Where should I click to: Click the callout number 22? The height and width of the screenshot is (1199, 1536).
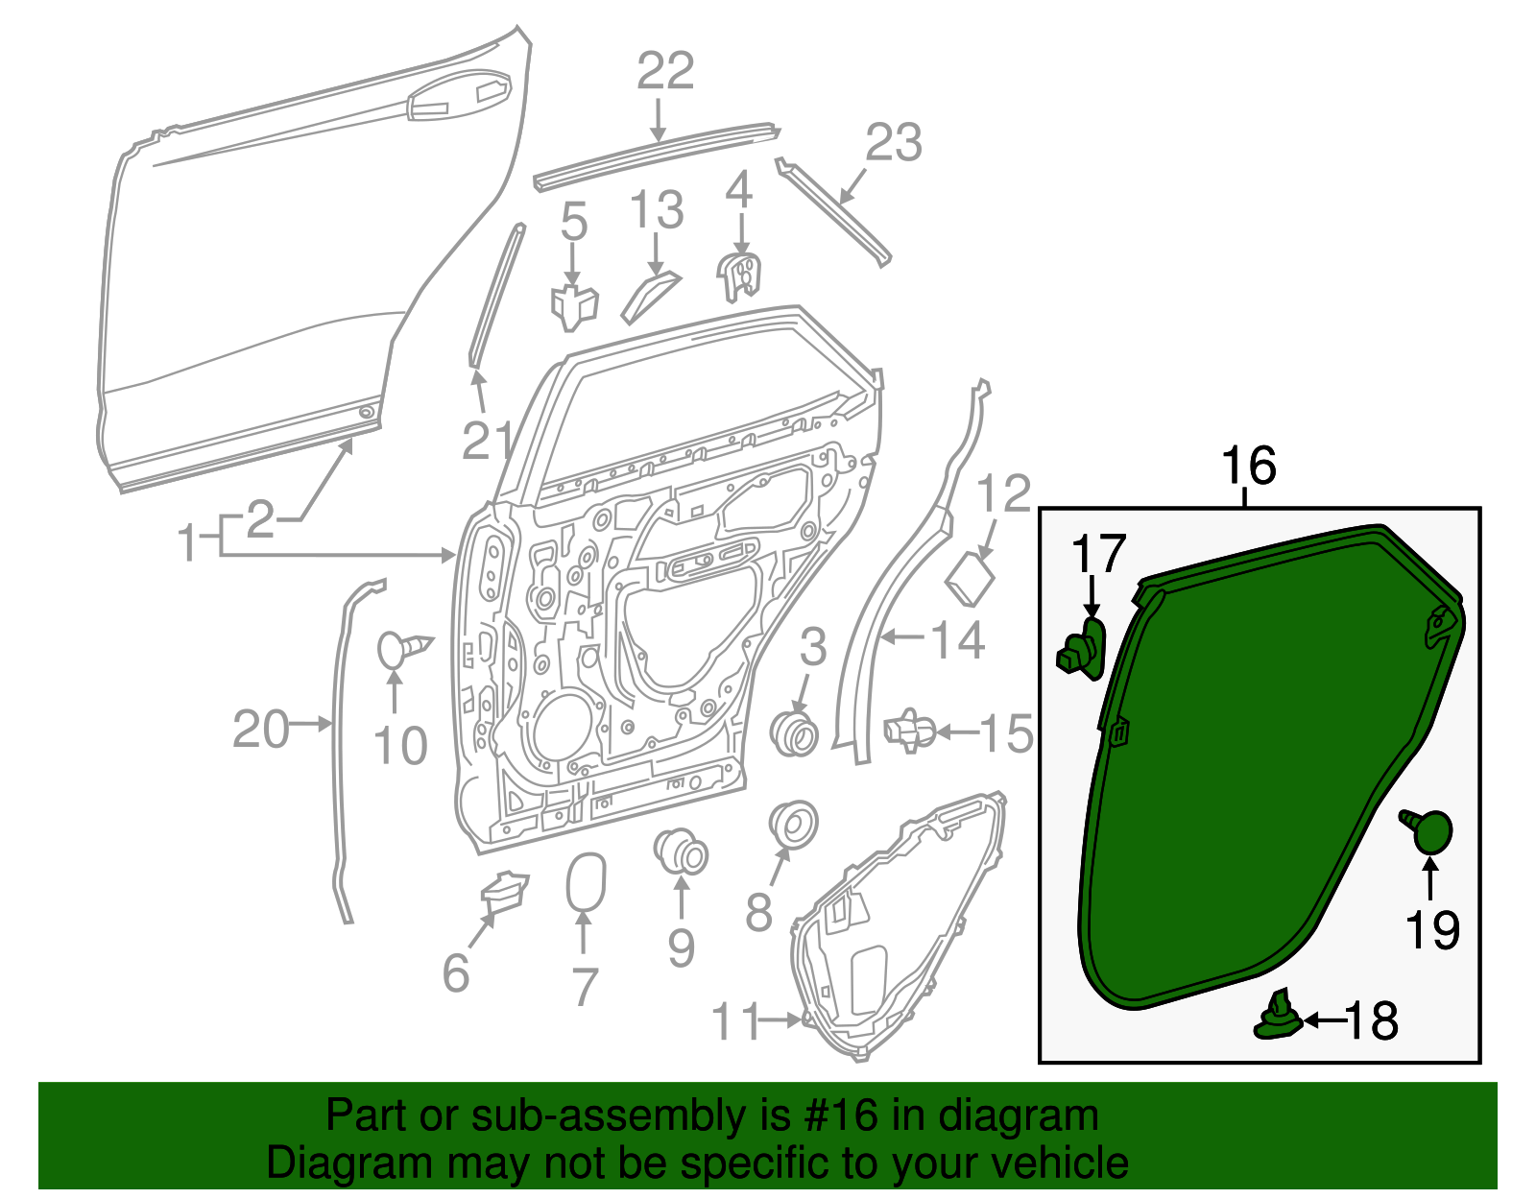pyautogui.click(x=665, y=72)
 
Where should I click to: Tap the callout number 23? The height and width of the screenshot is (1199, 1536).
pyautogui.click(x=893, y=143)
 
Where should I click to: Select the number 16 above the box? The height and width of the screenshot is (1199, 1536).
pyautogui.click(x=1248, y=467)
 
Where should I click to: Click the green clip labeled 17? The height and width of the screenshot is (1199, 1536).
pyautogui.click(x=1083, y=650)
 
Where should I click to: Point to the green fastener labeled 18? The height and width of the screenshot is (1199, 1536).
pyautogui.click(x=1279, y=1018)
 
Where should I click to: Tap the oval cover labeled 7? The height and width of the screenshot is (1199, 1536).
pyautogui.click(x=586, y=881)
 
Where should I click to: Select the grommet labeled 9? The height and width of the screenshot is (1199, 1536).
pyautogui.click(x=682, y=851)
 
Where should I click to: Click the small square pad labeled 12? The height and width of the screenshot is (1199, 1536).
pyautogui.click(x=971, y=580)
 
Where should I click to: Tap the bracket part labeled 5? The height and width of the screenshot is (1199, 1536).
pyautogui.click(x=573, y=304)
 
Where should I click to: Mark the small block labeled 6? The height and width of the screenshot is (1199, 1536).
pyautogui.click(x=504, y=888)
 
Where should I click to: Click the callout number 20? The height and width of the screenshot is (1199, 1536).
pyautogui.click(x=260, y=731)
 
